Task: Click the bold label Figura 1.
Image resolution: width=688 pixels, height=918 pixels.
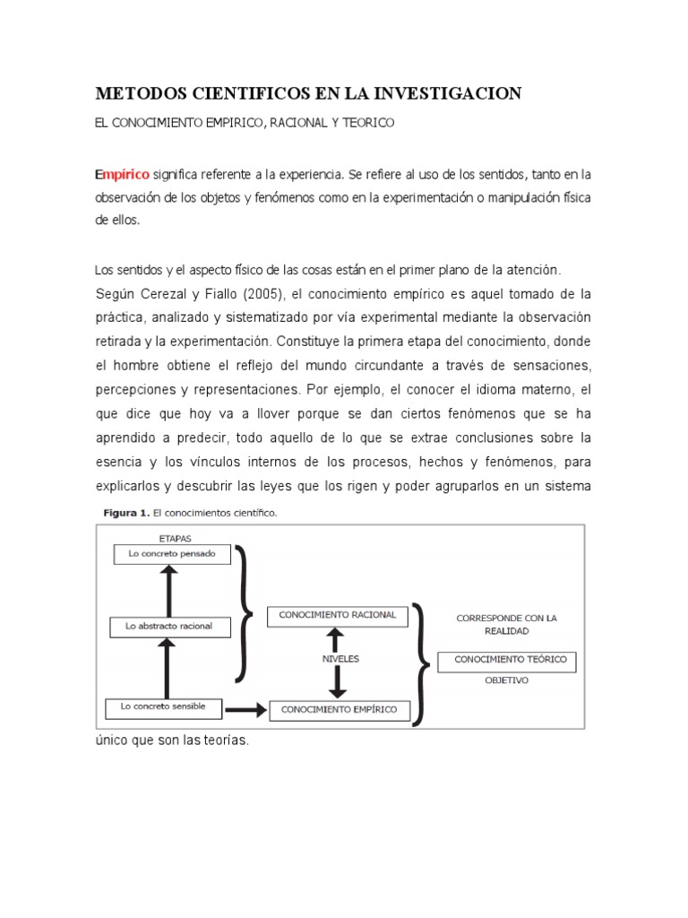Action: tap(122, 514)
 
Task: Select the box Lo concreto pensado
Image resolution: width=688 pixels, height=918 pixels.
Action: tap(171, 555)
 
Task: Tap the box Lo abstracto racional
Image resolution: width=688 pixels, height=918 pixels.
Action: tap(168, 626)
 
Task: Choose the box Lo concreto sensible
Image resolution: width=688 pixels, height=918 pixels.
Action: tap(162, 706)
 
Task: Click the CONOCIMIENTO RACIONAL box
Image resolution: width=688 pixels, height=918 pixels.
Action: tap(337, 616)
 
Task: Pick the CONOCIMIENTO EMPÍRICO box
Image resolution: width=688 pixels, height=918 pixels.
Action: tap(339, 710)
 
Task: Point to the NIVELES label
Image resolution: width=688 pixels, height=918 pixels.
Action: tap(340, 658)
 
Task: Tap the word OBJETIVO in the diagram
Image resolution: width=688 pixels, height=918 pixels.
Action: tap(507, 680)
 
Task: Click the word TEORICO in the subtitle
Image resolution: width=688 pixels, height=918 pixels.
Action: tap(365, 122)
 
